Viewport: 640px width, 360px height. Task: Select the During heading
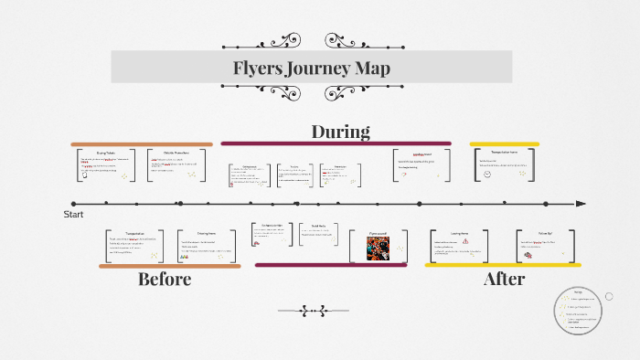[x=340, y=132]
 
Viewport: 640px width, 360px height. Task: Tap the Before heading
[x=165, y=280]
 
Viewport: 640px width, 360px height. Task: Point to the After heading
[x=504, y=280]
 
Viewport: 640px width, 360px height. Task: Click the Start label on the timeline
[x=73, y=214]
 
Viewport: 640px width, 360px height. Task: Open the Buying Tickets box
[x=108, y=165]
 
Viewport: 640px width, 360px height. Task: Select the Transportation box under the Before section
[x=136, y=246]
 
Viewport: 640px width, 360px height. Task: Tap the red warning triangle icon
[x=465, y=242]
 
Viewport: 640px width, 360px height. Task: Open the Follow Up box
[x=546, y=246]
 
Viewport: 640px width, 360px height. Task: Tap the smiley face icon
[x=487, y=174]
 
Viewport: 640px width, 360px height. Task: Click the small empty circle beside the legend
[x=609, y=296]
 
